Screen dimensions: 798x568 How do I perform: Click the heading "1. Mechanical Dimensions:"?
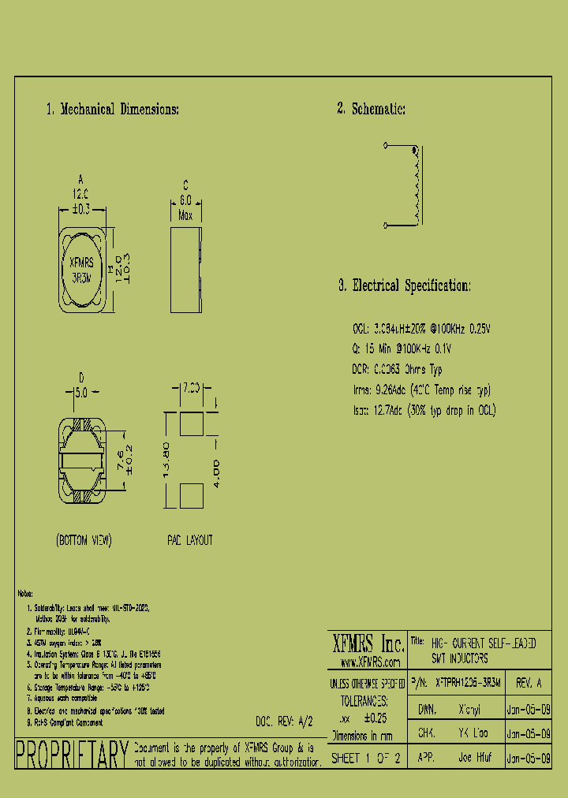pos(112,110)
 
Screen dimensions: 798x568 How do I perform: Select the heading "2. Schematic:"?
pos(371,110)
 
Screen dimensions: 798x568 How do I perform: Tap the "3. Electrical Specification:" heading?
pos(405,285)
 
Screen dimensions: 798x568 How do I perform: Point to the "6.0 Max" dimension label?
pos(186,207)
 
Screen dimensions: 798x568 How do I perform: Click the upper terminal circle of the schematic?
pos(386,146)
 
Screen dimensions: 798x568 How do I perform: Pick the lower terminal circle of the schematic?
pos(386,226)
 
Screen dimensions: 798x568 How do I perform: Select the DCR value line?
pos(397,369)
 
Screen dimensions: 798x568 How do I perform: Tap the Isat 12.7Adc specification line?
pos(424,410)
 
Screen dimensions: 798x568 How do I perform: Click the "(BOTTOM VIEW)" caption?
pos(84,540)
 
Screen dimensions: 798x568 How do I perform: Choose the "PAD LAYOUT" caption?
pos(189,540)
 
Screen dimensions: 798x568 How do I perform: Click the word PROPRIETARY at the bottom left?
pos(71,755)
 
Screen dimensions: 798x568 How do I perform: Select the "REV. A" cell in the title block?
pos(528,682)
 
